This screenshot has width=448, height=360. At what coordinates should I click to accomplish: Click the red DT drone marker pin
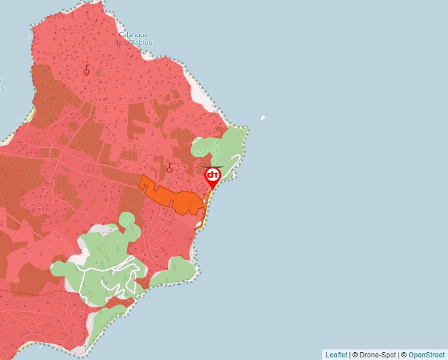coord(213,176)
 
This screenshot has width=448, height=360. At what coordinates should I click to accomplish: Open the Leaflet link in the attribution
coord(336,355)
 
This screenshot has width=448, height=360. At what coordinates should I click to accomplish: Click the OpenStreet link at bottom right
coord(426,355)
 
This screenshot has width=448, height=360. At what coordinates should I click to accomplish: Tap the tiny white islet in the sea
coord(263,118)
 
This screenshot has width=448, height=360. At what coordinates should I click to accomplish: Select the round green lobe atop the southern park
coord(127,219)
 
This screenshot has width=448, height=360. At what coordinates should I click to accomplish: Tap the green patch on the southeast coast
coord(177,270)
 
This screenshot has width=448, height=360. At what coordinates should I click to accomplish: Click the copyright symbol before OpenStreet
coord(403,355)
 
